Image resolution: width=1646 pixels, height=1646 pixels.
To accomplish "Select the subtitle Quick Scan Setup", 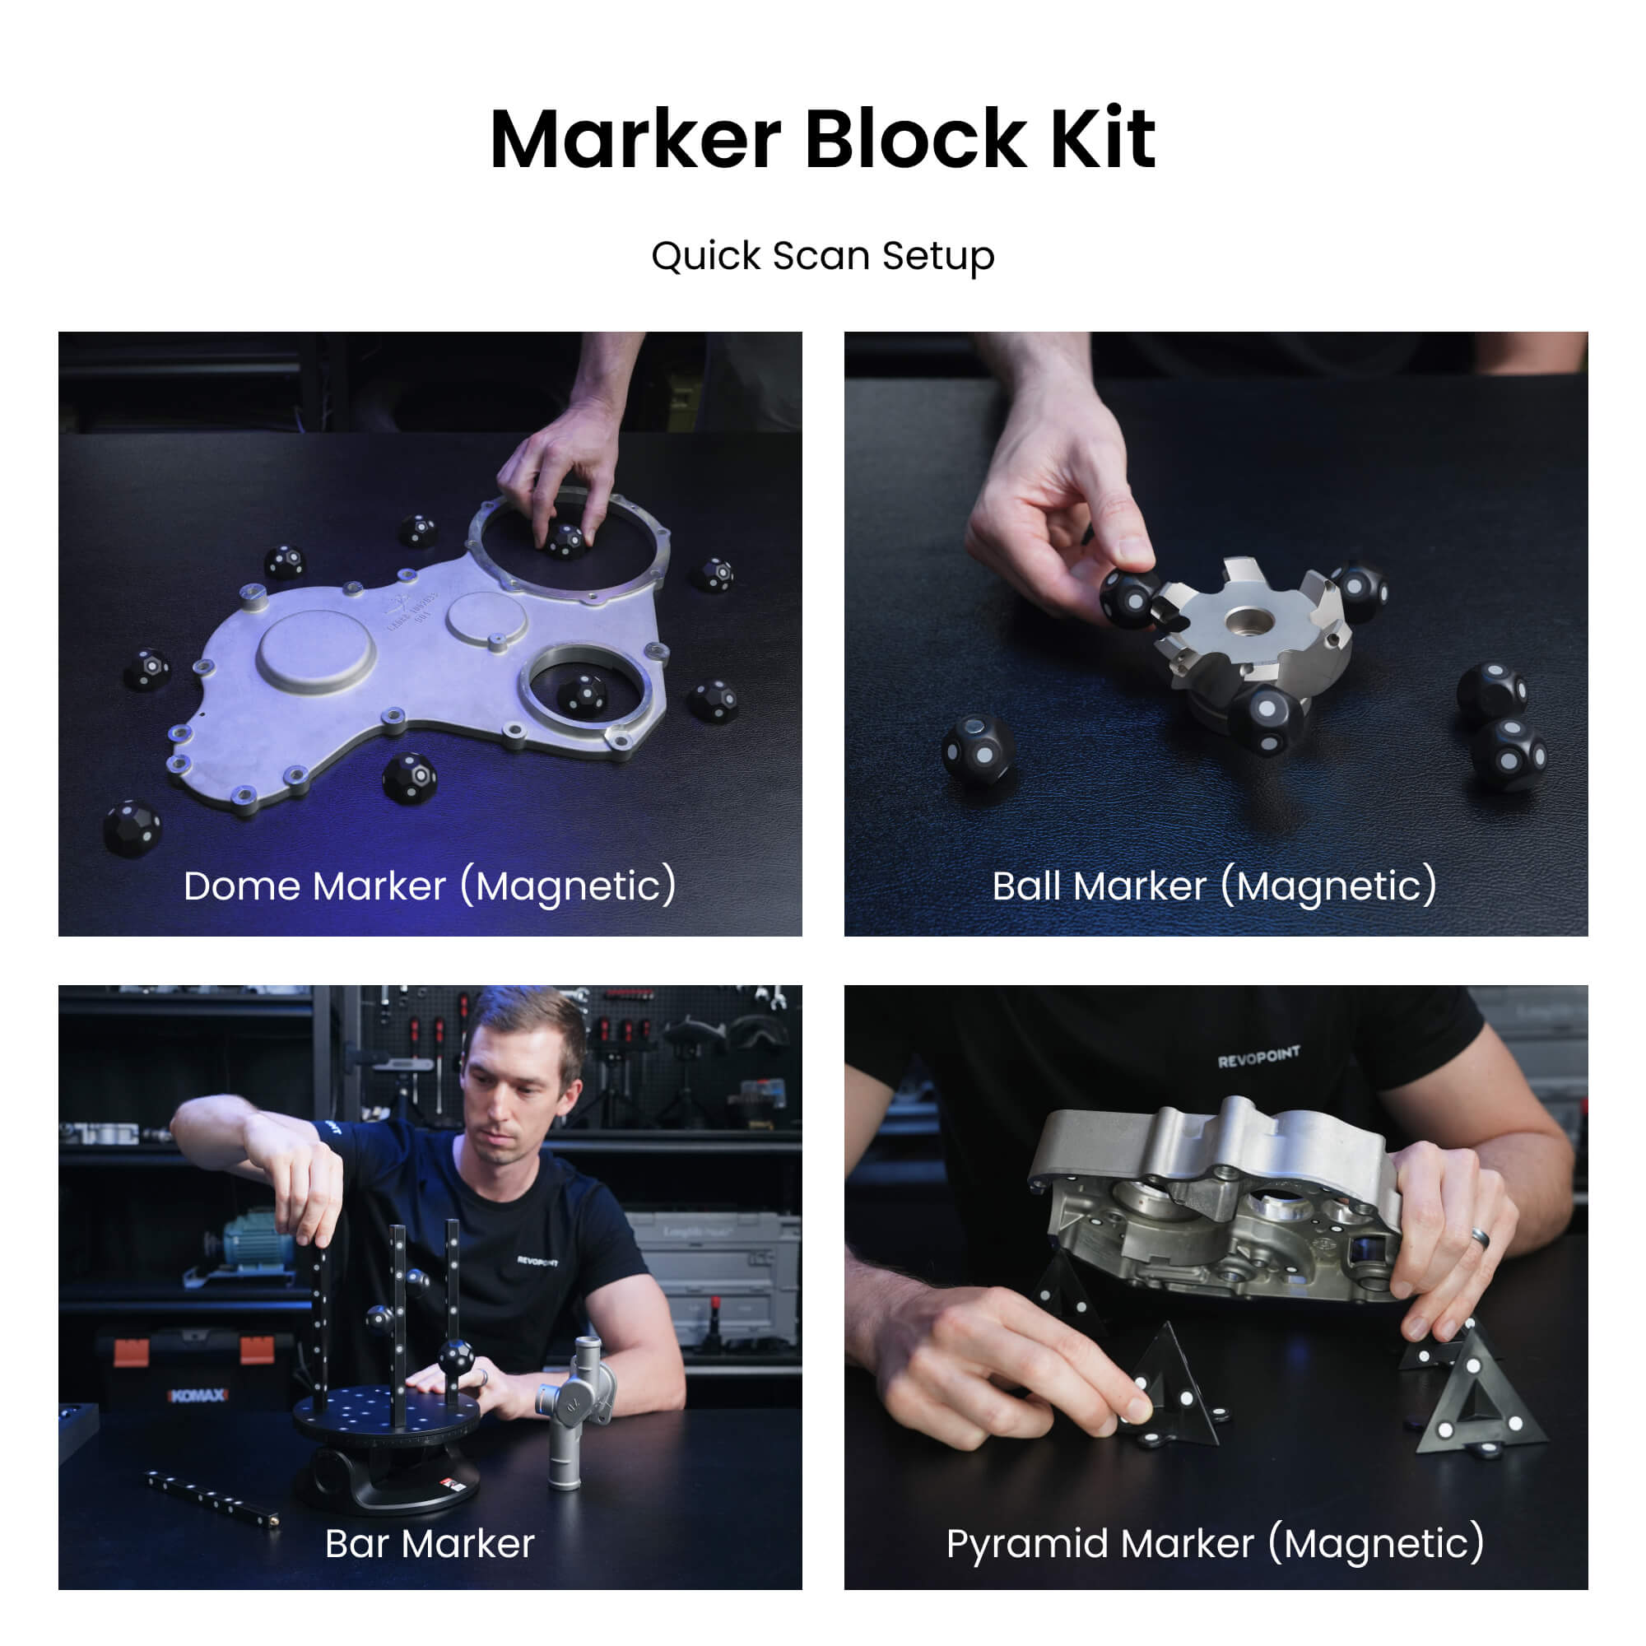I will click(822, 256).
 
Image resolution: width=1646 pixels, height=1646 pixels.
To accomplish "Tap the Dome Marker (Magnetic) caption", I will click(430, 886).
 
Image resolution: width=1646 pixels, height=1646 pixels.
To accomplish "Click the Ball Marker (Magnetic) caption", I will click(1215, 886).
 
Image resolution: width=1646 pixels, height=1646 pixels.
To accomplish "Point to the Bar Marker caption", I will click(430, 1544).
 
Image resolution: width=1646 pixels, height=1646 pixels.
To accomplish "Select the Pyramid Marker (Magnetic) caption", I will click(1215, 1544).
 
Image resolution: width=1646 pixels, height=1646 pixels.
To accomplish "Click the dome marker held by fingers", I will click(565, 540).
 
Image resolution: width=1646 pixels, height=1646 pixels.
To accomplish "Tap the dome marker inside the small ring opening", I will click(584, 695).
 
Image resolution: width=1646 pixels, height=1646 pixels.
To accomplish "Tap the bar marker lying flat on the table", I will click(212, 1498).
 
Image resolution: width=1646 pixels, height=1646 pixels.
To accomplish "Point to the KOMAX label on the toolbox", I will click(198, 1396).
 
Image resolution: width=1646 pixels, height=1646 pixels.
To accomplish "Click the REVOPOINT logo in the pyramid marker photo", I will click(1258, 1058).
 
